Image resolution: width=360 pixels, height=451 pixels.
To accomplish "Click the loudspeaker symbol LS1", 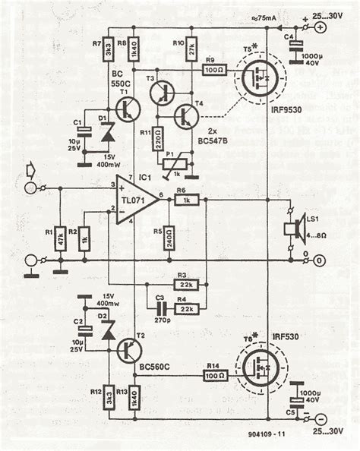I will pyautogui.click(x=291, y=228).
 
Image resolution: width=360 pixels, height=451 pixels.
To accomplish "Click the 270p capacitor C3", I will pyautogui.click(x=160, y=310).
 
